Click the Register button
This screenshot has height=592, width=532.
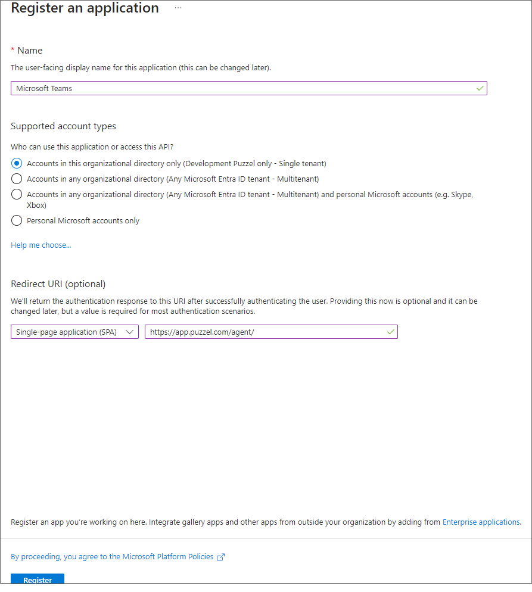pyautogui.click(x=37, y=579)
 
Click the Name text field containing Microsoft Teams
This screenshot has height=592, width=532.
pyautogui.click(x=238, y=88)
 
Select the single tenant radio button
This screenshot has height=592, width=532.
pyautogui.click(x=17, y=163)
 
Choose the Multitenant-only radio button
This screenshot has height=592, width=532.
pyautogui.click(x=17, y=179)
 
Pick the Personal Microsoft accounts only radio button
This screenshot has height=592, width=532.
pyautogui.click(x=17, y=220)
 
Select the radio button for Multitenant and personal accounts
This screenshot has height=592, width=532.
pyautogui.click(x=17, y=194)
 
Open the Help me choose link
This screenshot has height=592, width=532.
pyautogui.click(x=41, y=245)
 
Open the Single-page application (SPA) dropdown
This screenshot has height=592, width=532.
pyautogui.click(x=74, y=332)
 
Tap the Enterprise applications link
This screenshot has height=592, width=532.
pyautogui.click(x=481, y=522)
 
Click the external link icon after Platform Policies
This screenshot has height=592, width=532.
pyautogui.click(x=221, y=557)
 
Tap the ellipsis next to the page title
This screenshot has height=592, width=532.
pyautogui.click(x=178, y=8)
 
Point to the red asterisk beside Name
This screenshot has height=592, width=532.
pyautogui.click(x=13, y=50)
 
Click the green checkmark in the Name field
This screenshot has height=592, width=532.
pyautogui.click(x=480, y=88)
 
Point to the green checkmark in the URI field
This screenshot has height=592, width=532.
pyautogui.click(x=390, y=332)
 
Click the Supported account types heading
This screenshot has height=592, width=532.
pyautogui.click(x=63, y=126)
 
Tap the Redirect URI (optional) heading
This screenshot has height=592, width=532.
pyautogui.click(x=58, y=283)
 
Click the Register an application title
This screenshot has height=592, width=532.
pyautogui.click(x=85, y=8)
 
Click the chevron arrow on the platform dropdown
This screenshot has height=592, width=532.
pyautogui.click(x=130, y=332)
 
